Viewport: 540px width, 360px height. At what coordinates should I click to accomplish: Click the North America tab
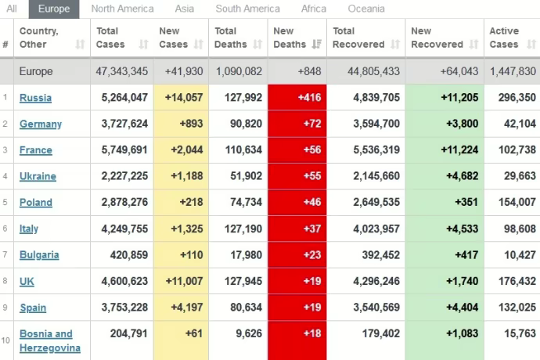(122, 9)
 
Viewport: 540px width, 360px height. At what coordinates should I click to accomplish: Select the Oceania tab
(365, 9)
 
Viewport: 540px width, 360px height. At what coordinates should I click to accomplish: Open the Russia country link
(35, 98)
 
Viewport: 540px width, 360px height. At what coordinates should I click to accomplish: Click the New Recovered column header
(431, 38)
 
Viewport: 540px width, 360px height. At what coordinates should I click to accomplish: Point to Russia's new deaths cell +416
(297, 98)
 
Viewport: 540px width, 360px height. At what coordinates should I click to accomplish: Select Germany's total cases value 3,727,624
(122, 124)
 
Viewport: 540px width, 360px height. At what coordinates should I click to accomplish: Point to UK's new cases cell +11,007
(181, 281)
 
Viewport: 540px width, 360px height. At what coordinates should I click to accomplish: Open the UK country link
(27, 281)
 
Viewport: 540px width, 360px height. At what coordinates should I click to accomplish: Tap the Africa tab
(314, 9)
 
